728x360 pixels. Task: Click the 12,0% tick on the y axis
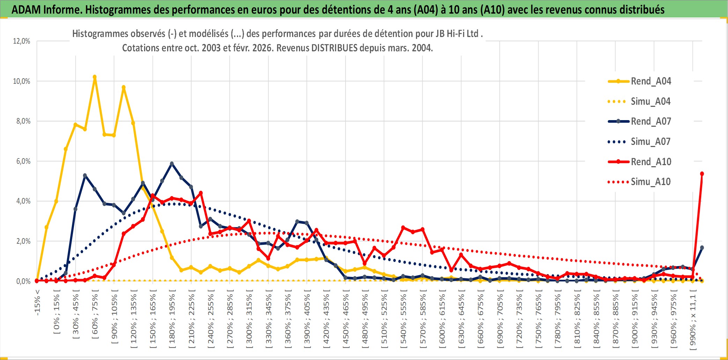tap(22, 41)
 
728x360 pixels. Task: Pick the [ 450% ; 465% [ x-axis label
tap(346, 321)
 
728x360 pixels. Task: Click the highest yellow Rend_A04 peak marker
tap(95, 77)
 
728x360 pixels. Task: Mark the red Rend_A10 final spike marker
tap(702, 174)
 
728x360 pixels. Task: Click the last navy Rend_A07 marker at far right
tap(702, 248)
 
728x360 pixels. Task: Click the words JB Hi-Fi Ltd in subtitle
tap(457, 34)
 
